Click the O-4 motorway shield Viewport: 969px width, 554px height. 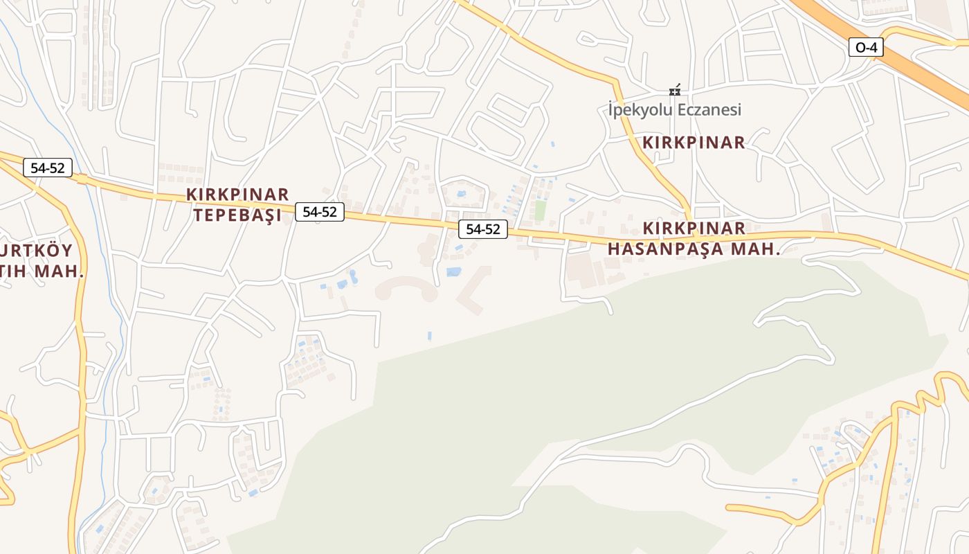pyautogui.click(x=866, y=47)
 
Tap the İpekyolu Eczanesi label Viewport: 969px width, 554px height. pyautogui.click(x=674, y=109)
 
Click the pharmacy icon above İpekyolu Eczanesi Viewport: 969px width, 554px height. pyautogui.click(x=674, y=91)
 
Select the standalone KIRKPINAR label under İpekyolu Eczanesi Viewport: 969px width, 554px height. pyautogui.click(x=694, y=143)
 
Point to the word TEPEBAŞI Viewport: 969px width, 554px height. pyautogui.click(x=237, y=215)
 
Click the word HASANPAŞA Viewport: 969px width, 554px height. pyautogui.click(x=669, y=249)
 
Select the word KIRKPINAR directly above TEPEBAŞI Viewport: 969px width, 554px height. pyautogui.click(x=237, y=194)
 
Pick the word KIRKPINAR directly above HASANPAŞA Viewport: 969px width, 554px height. pyautogui.click(x=694, y=229)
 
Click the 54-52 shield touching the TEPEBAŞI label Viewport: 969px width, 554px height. pyautogui.click(x=319, y=212)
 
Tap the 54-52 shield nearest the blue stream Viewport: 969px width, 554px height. pyautogui.click(x=48, y=167)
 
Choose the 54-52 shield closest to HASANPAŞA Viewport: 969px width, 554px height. pyautogui.click(x=482, y=229)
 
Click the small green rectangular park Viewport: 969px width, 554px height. pyautogui.click(x=540, y=211)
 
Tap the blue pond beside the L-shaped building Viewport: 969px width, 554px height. pyautogui.click(x=453, y=272)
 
